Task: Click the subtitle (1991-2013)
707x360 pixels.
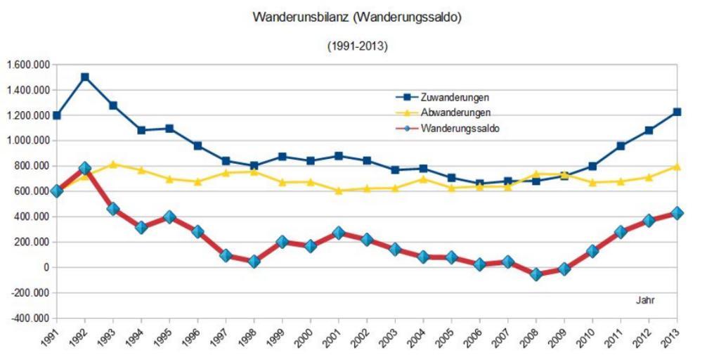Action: pos(357,46)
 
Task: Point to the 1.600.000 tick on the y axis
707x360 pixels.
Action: pos(27,65)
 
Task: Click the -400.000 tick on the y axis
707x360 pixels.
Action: pos(27,318)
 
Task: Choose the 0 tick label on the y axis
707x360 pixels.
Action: pos(46,267)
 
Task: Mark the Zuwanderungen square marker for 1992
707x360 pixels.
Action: pos(85,77)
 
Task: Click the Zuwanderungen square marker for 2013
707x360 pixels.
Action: pos(677,112)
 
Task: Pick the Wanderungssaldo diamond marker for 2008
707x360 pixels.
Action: pos(536,274)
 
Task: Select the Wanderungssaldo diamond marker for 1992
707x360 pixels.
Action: pos(85,169)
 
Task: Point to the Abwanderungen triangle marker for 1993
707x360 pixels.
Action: pos(113,164)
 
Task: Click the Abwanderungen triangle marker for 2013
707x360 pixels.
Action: pos(677,166)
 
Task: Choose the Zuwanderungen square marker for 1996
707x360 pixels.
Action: pos(197,146)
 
